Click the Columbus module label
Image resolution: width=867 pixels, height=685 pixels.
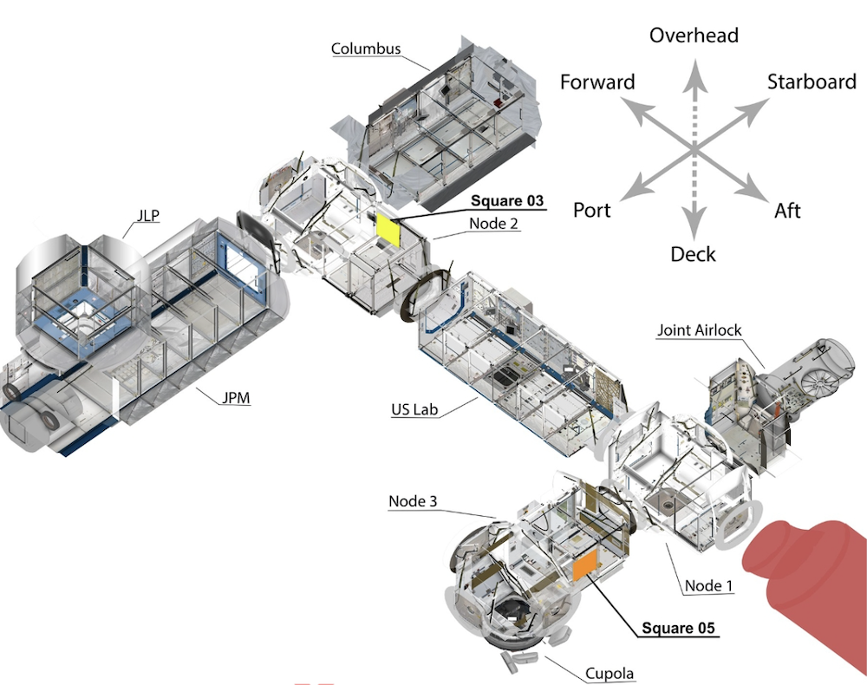pos(366,49)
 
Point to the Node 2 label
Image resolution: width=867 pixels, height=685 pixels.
pos(494,223)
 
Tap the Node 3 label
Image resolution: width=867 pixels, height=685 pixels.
pos(413,501)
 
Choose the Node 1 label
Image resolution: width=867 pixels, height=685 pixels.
pos(708,586)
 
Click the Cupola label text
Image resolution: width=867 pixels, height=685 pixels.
pos(610,673)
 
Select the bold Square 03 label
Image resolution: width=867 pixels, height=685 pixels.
pos(509,201)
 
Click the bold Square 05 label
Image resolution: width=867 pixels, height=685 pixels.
pos(679,629)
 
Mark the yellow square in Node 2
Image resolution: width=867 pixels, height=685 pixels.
pos(387,231)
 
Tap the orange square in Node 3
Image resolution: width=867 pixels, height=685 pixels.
pos(583,564)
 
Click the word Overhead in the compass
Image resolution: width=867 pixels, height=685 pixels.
pos(694,36)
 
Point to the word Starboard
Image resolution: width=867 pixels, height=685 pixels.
pos(812,82)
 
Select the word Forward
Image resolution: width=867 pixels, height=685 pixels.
pos(597,82)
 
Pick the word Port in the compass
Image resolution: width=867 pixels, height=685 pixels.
pos(592,210)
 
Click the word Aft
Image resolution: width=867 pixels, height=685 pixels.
pos(788,210)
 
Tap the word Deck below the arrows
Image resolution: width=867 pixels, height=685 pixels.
pos(694,254)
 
